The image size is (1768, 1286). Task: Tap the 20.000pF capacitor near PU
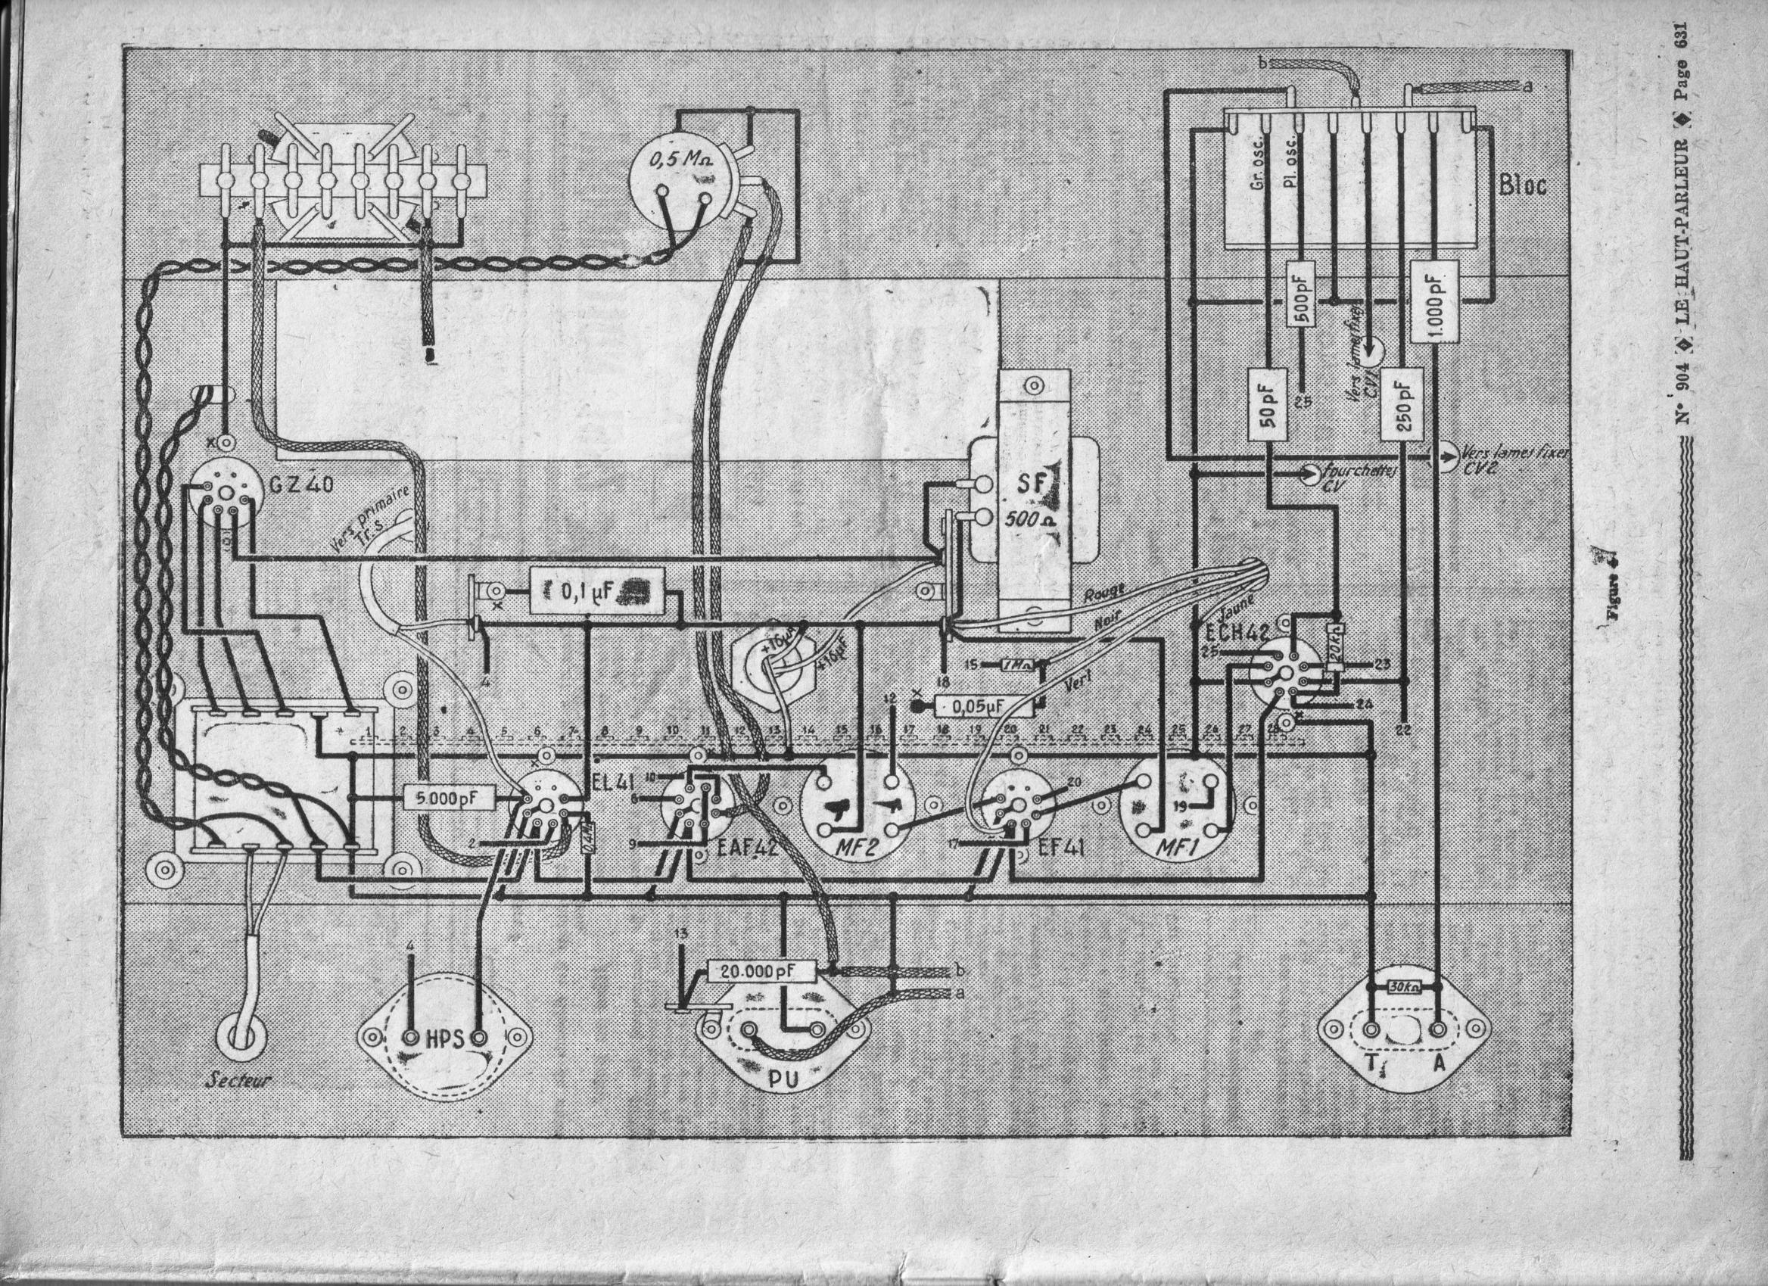click(761, 971)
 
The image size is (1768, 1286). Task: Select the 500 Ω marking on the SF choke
click(1031, 520)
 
